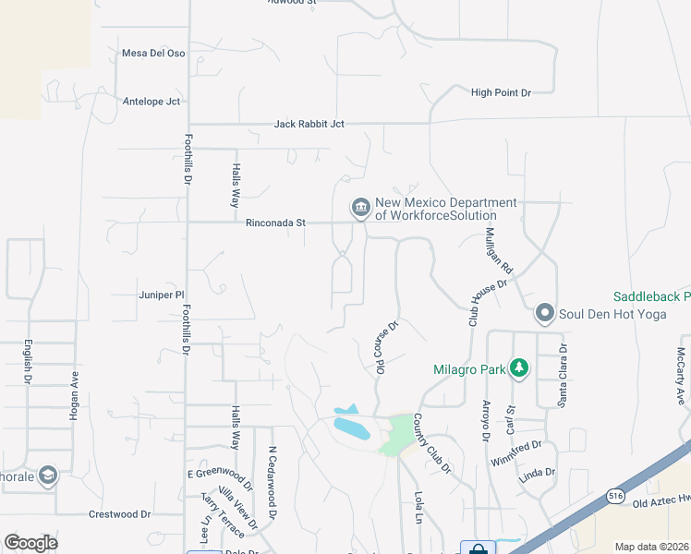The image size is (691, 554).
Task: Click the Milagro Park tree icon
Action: [519, 369]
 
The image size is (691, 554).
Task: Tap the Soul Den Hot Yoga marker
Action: [544, 315]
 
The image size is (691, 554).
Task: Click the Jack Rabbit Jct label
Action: [309, 124]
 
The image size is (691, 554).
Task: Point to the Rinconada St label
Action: [275, 223]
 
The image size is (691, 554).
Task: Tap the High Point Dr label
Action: [501, 92]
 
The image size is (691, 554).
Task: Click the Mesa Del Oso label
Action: [153, 54]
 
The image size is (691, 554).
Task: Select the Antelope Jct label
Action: [151, 102]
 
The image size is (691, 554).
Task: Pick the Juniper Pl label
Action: [162, 295]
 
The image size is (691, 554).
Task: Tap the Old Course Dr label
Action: [385, 346]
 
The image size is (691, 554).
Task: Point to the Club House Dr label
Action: [488, 303]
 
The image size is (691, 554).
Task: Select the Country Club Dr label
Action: [430, 444]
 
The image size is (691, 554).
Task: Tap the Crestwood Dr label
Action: [119, 514]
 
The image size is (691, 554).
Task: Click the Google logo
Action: [30, 543]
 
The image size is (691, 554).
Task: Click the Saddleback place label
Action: [651, 297]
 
